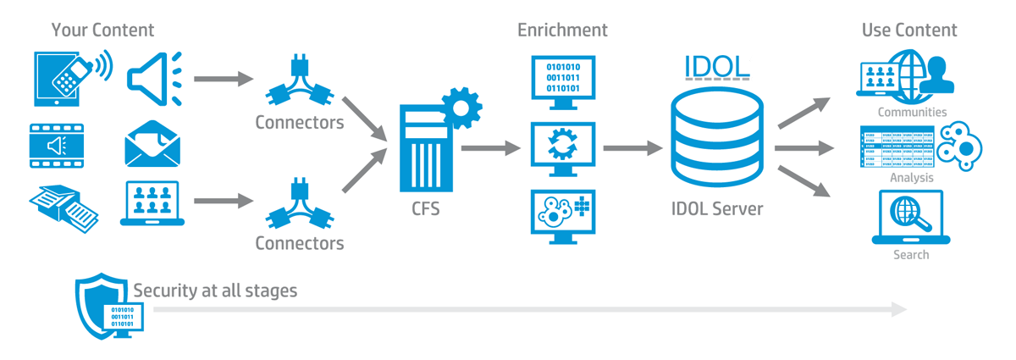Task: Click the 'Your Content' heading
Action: (102, 30)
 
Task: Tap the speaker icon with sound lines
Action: (153, 78)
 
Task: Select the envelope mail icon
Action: (153, 145)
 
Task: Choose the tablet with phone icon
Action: (67, 79)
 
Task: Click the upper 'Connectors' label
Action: (300, 123)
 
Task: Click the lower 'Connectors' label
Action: (300, 244)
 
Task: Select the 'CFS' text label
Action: (426, 208)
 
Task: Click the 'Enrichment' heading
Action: (562, 30)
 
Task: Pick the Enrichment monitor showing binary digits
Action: (563, 80)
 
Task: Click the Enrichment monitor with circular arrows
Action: (563, 147)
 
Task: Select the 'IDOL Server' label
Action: (716, 208)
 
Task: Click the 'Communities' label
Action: (912, 112)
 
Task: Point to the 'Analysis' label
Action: (912, 178)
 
